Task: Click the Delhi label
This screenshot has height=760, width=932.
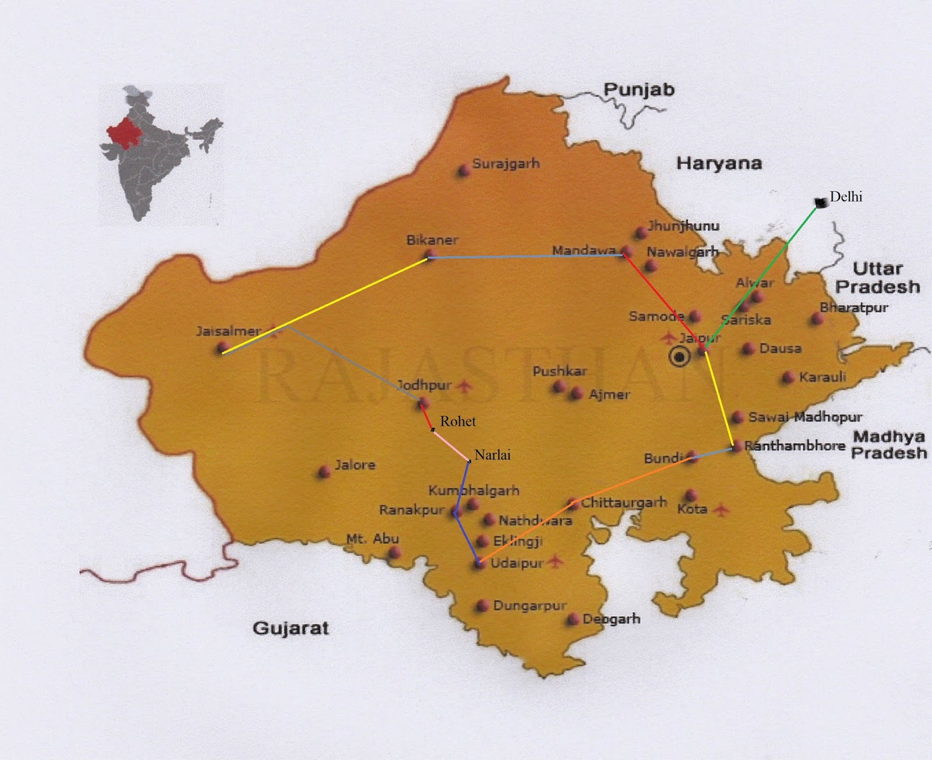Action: pos(846,197)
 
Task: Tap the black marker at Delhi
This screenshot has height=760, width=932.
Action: pos(821,203)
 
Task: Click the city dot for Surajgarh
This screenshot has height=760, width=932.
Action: pos(464,170)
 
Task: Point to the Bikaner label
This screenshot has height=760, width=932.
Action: pos(432,240)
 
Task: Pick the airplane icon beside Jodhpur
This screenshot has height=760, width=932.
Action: pos(464,386)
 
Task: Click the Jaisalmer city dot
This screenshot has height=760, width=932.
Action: pos(223,348)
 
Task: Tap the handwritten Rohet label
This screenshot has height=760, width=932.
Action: pos(458,421)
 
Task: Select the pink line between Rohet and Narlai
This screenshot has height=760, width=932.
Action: pos(451,446)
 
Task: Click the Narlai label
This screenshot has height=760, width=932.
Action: pos(492,455)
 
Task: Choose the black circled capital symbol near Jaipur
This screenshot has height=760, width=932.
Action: pos(679,356)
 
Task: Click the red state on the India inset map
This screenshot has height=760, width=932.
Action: pos(125,134)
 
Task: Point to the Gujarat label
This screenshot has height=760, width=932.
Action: pos(291,628)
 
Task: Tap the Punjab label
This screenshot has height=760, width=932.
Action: pos(639,90)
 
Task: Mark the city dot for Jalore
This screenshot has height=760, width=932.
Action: pos(324,472)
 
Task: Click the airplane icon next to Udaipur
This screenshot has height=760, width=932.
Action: pos(556,561)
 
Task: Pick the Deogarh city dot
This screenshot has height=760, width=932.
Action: pos(573,619)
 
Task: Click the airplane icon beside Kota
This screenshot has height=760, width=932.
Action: pos(721,510)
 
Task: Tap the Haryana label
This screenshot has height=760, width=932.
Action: pos(719,164)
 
